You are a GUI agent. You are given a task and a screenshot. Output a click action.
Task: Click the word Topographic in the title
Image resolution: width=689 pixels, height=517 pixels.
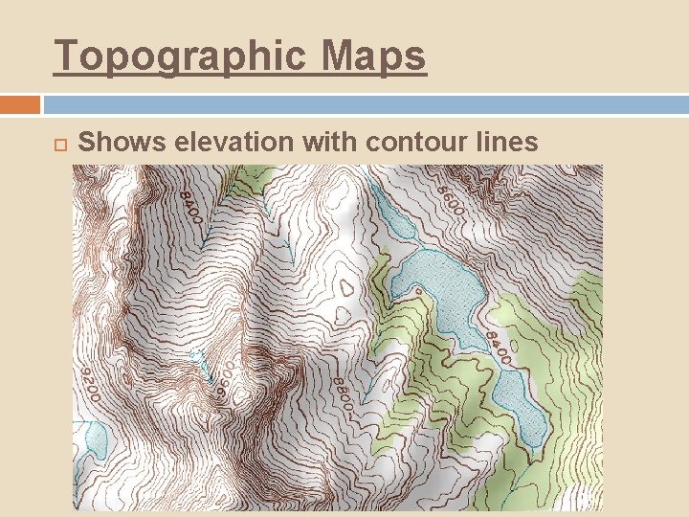click(x=183, y=56)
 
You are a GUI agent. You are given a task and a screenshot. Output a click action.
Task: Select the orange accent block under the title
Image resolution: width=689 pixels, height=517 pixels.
click(x=20, y=104)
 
